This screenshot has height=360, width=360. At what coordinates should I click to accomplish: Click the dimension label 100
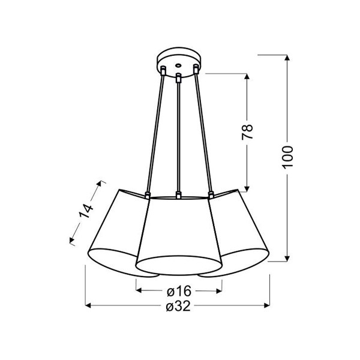(x=287, y=157)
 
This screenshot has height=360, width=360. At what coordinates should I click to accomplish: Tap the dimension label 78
(x=247, y=131)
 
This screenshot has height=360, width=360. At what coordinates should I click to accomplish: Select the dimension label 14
(x=86, y=211)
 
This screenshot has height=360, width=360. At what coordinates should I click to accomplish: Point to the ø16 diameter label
(x=179, y=291)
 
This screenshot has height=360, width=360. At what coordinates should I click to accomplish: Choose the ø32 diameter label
(x=178, y=306)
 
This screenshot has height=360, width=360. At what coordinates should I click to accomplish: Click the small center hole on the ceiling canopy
(x=178, y=65)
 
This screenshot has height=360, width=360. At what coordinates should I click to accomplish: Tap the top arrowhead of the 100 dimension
(x=287, y=58)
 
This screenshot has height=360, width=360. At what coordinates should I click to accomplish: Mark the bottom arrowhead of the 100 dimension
(x=287, y=259)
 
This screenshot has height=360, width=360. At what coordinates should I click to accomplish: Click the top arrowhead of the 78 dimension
(x=247, y=76)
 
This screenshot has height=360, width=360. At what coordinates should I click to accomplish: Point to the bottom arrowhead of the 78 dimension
(x=247, y=189)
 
